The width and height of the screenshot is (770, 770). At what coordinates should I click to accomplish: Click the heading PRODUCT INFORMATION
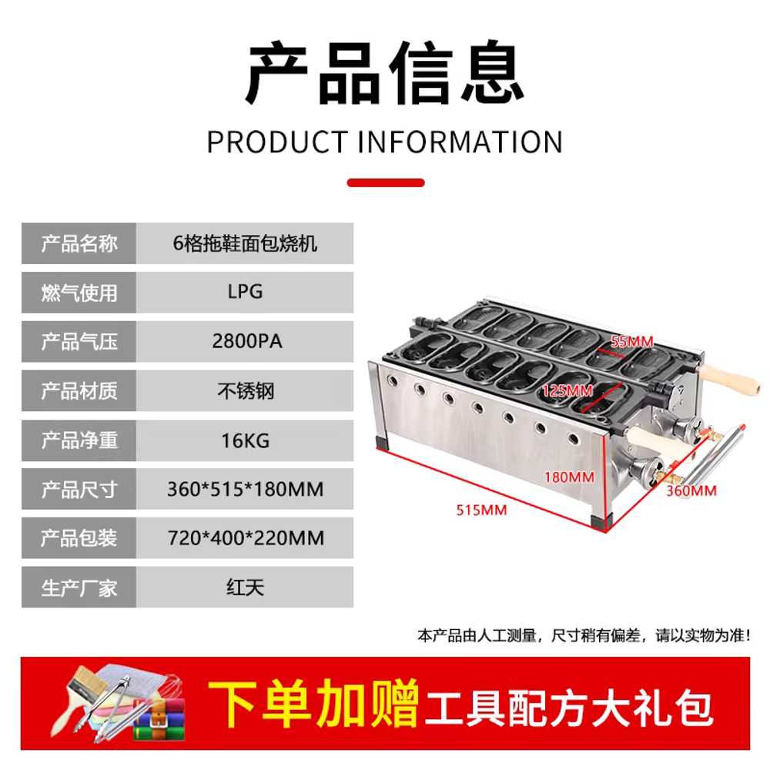(384, 142)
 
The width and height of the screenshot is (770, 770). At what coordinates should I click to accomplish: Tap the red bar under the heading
(386, 182)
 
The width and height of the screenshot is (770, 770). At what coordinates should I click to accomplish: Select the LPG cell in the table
(245, 292)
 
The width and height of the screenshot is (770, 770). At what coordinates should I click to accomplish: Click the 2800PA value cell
(245, 341)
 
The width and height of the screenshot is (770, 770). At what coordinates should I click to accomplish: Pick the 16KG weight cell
(245, 440)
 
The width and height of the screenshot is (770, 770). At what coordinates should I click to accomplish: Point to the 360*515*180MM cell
(245, 489)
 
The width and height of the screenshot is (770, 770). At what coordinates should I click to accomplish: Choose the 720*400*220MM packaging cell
(245, 537)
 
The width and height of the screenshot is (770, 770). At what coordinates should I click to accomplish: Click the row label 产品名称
(79, 243)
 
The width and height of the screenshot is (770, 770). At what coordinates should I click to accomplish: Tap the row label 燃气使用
(79, 292)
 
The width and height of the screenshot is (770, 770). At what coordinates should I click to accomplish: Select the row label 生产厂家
(79, 588)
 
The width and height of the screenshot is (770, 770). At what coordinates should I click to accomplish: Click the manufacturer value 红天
(245, 588)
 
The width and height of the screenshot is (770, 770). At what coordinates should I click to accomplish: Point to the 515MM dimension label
(481, 511)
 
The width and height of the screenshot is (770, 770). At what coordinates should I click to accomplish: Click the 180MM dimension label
(569, 477)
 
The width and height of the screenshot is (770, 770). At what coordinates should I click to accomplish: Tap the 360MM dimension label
(691, 490)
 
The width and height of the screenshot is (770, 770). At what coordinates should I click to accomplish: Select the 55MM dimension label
(632, 341)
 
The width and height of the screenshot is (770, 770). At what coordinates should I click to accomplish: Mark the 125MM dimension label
(567, 391)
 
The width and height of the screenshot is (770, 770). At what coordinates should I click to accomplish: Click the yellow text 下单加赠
(313, 704)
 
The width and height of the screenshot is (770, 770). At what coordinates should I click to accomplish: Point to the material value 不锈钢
(245, 391)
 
